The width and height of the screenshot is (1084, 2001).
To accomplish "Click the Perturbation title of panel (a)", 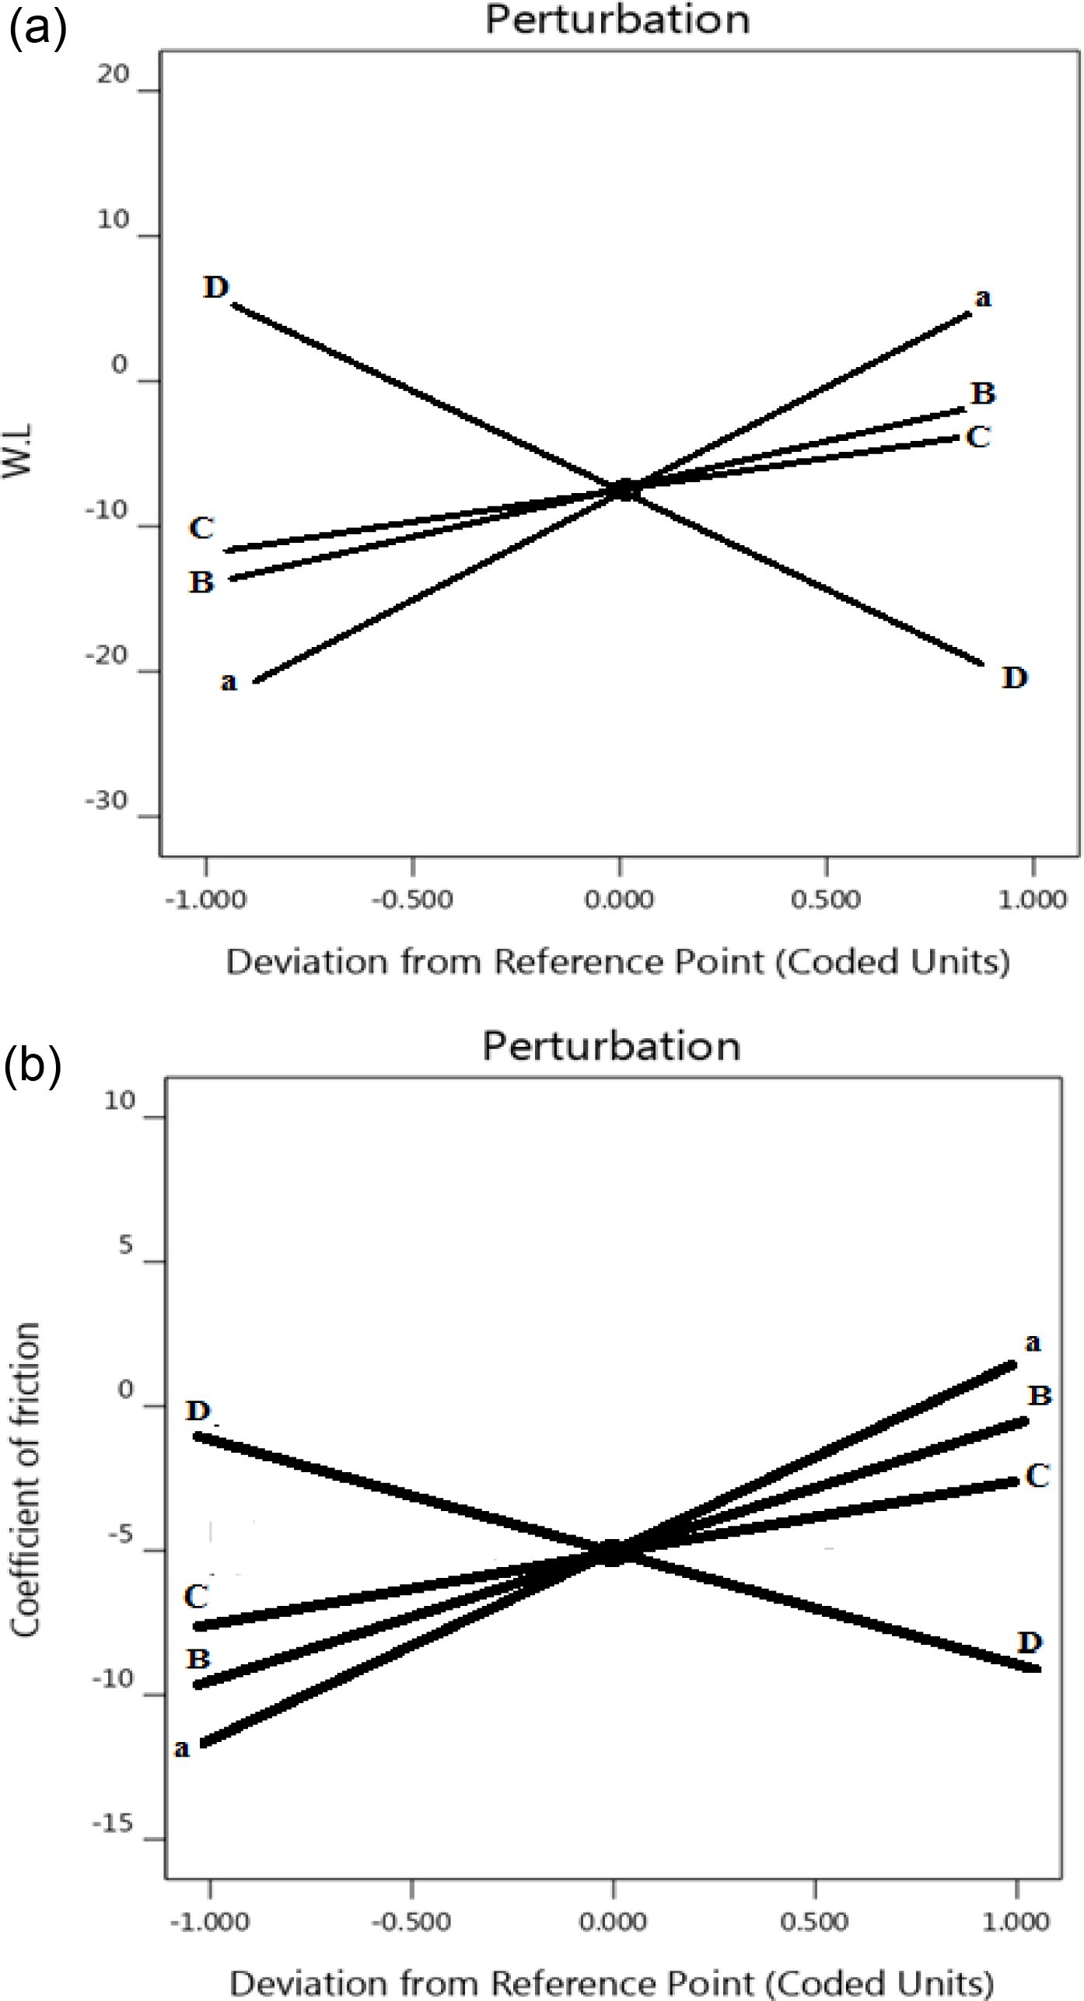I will [617, 19].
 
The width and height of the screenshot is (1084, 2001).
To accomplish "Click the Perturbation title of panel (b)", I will [611, 1046].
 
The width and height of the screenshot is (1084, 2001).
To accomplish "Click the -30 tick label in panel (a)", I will [107, 801].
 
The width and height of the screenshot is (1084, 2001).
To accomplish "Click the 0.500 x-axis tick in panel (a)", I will [826, 900].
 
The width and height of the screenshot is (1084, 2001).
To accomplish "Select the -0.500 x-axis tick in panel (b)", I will [411, 1922].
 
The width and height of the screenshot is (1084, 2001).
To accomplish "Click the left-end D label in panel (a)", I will [216, 287].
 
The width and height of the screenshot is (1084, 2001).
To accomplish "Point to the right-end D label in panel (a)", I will [1015, 678].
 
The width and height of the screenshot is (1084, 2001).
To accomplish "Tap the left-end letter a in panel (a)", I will [228, 682].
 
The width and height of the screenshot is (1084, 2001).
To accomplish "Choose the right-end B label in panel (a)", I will [983, 394].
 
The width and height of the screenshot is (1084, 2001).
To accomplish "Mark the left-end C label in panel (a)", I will [201, 528].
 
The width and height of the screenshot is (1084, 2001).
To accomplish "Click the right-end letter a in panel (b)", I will [1032, 1343].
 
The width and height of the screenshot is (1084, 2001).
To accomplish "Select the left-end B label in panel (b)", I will [198, 1659].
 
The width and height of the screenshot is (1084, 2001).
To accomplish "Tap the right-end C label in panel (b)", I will [1037, 1475].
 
